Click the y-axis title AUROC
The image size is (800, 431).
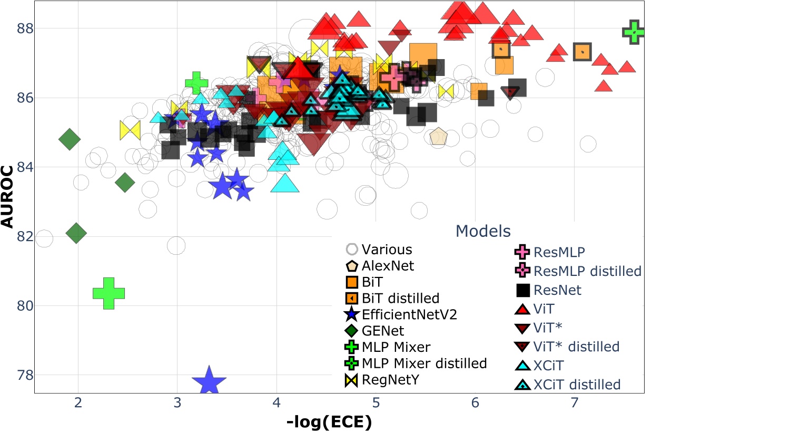tap(7, 197)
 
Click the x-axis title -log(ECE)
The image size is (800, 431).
tap(329, 422)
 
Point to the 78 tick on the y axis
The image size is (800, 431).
tap(25, 375)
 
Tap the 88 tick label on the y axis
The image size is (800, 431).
tap(25, 28)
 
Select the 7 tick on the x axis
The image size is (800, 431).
tap(574, 403)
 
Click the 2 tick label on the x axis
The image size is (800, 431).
tap(78, 403)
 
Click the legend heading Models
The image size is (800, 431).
tap(483, 231)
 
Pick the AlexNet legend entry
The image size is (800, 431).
tap(388, 266)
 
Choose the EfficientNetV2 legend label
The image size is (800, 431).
tap(409, 315)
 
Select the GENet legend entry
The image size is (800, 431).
tap(383, 331)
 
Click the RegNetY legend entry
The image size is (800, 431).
tap(390, 380)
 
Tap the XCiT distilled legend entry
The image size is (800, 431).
tap(577, 385)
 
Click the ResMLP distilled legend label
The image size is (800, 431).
tap(587, 271)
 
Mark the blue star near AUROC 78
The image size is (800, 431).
tap(209, 382)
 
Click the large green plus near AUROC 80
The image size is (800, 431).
tap(108, 293)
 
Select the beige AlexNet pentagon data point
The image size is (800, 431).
tap(438, 137)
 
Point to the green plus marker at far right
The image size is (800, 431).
tap(634, 32)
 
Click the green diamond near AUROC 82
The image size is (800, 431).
tap(76, 233)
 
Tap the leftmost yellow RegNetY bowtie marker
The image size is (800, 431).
tap(130, 130)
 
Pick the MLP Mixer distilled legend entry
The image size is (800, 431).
tap(424, 364)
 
